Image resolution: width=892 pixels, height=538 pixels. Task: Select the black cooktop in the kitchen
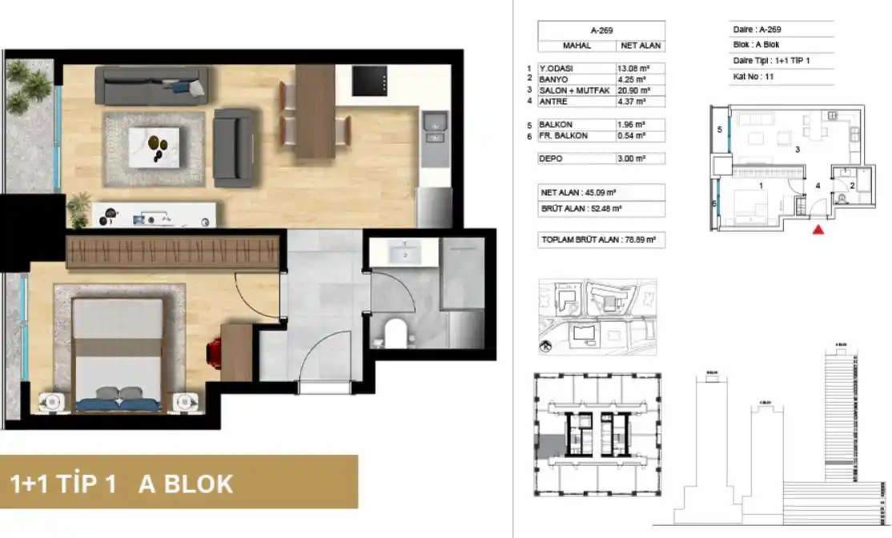371,80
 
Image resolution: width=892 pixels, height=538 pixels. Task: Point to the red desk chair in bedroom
214,351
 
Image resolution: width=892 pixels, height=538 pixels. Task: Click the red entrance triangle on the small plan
818,231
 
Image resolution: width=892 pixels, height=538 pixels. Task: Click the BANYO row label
553,78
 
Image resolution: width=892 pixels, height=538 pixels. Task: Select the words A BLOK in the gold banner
186,484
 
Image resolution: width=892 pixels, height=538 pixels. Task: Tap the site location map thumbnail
597,316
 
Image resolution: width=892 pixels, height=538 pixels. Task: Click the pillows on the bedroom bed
118,393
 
